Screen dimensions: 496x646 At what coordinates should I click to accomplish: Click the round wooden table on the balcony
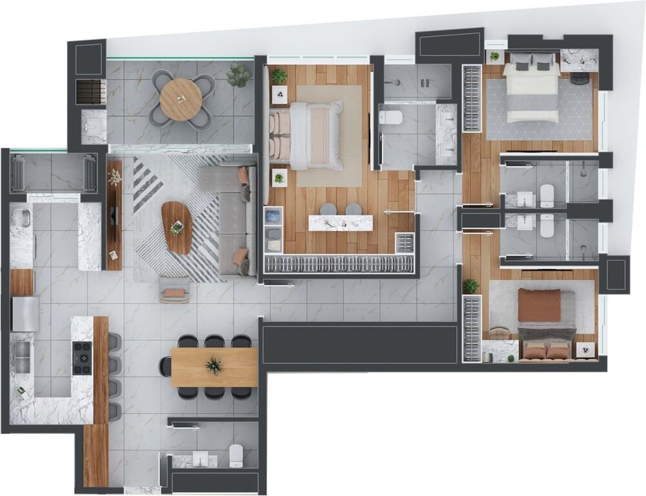click(x=182, y=99)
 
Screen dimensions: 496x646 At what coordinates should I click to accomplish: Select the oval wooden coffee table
click(x=176, y=227)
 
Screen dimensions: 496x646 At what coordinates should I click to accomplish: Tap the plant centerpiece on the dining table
click(x=213, y=366)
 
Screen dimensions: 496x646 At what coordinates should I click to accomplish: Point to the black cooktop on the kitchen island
click(x=83, y=358)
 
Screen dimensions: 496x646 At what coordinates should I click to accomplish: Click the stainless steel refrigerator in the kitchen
click(x=25, y=314)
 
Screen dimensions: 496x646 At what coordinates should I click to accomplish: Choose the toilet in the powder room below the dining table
click(x=236, y=455)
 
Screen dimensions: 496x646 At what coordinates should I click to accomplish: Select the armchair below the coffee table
click(x=174, y=290)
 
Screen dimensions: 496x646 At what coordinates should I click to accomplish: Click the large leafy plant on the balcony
click(x=240, y=74)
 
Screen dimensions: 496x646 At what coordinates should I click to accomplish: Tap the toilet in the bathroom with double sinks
click(x=391, y=117)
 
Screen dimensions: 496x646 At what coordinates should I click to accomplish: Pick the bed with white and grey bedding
click(x=531, y=91)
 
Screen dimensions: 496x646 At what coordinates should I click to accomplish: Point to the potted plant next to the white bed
click(x=494, y=57)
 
